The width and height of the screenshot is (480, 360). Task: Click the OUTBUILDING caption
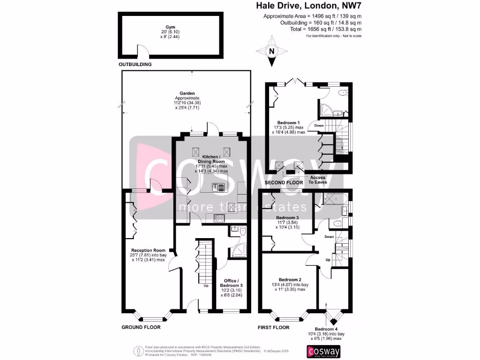click(x=135, y=64)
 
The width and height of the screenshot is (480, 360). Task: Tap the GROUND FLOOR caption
click(x=141, y=327)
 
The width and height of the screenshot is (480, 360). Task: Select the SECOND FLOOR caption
click(x=285, y=182)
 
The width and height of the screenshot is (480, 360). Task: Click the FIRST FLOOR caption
click(x=274, y=327)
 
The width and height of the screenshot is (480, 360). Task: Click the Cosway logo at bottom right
click(x=323, y=352)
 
